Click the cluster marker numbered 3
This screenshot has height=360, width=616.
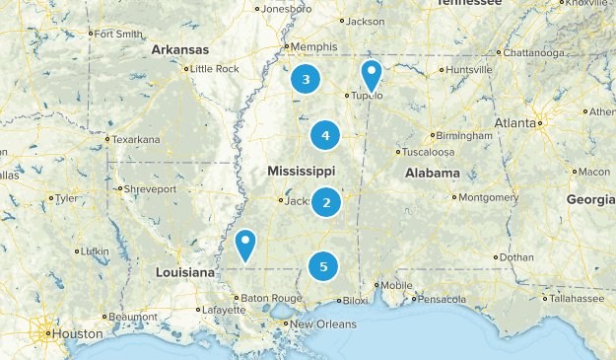pyautogui.click(x=307, y=80)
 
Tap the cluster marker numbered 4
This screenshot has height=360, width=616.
pyautogui.click(x=325, y=135)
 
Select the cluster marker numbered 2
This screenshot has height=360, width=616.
pyautogui.click(x=327, y=203)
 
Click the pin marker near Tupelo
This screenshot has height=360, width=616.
pyautogui.click(x=371, y=74)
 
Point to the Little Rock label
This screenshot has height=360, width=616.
pyautogui.click(x=214, y=69)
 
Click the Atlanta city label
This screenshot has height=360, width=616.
pyautogui.click(x=515, y=123)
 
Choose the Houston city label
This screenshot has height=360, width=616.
pyautogui.click(x=78, y=334)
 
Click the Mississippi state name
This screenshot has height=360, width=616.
pyautogui.click(x=302, y=172)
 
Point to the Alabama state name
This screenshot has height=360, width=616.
pyautogui.click(x=433, y=173)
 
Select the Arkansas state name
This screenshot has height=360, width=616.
pyautogui.click(x=180, y=49)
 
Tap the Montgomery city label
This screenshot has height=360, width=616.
pyautogui.click(x=488, y=197)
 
